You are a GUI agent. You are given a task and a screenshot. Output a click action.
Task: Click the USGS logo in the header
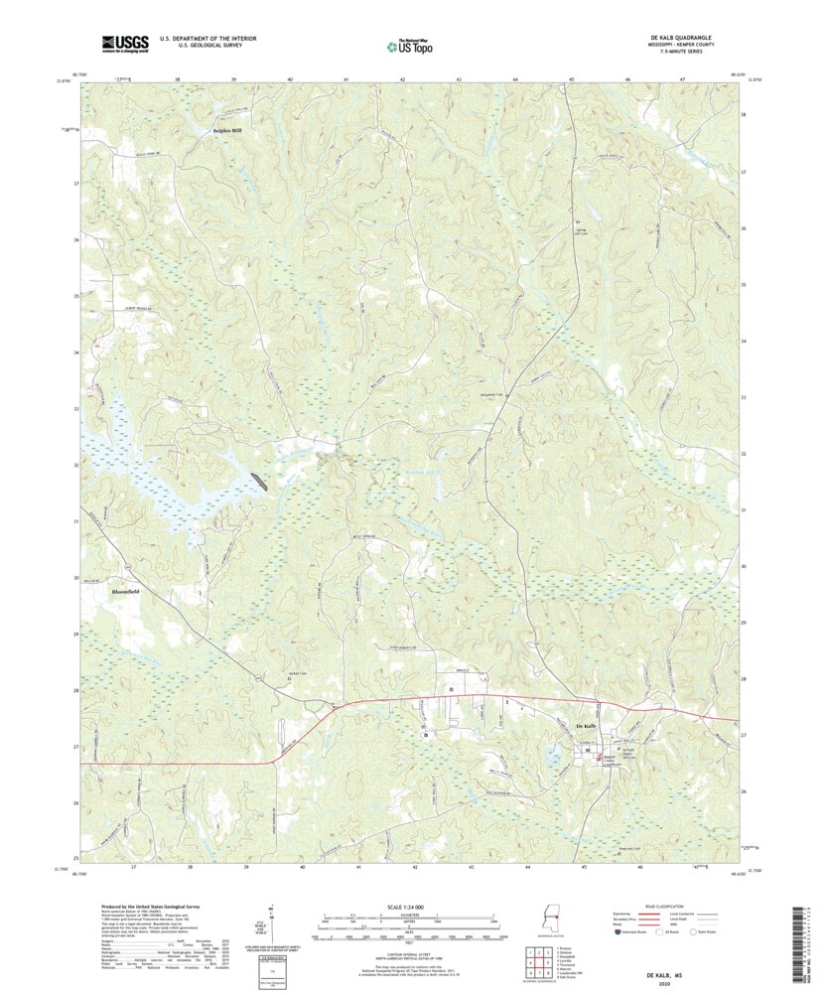124,43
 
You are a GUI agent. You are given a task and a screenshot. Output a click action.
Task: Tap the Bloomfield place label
120,591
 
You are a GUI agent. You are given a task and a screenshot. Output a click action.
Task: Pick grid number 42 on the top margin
403,77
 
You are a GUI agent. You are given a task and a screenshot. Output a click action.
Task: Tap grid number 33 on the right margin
744,397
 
